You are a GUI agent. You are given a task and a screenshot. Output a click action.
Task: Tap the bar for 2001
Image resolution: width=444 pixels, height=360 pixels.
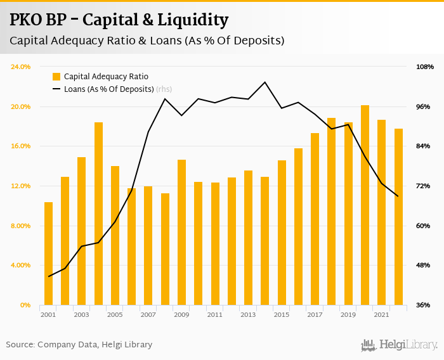(48, 254)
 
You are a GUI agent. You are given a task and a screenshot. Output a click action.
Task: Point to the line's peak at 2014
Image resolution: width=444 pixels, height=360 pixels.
(264, 82)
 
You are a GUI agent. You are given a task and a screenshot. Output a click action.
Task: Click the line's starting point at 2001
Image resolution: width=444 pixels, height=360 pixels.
(49, 276)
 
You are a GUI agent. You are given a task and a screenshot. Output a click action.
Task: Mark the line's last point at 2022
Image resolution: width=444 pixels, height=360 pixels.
(398, 196)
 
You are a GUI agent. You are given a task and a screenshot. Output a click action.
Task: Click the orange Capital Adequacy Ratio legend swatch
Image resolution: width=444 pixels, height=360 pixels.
(56, 77)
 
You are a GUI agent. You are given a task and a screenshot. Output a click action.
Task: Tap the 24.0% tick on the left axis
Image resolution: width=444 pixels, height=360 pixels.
(21, 67)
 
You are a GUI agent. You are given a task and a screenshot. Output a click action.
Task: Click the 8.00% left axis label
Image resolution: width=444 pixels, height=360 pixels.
(21, 226)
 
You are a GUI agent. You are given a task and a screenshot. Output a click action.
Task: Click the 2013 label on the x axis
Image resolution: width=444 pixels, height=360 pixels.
(247, 314)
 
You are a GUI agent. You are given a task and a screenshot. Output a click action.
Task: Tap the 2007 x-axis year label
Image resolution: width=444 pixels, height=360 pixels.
(148, 314)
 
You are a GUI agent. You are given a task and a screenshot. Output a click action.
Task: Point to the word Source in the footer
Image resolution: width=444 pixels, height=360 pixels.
(20, 345)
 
